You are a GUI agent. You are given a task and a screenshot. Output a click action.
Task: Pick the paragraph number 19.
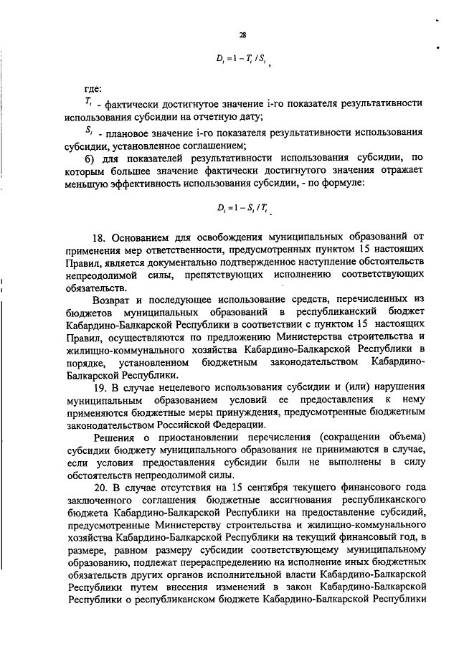(x=100, y=387)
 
